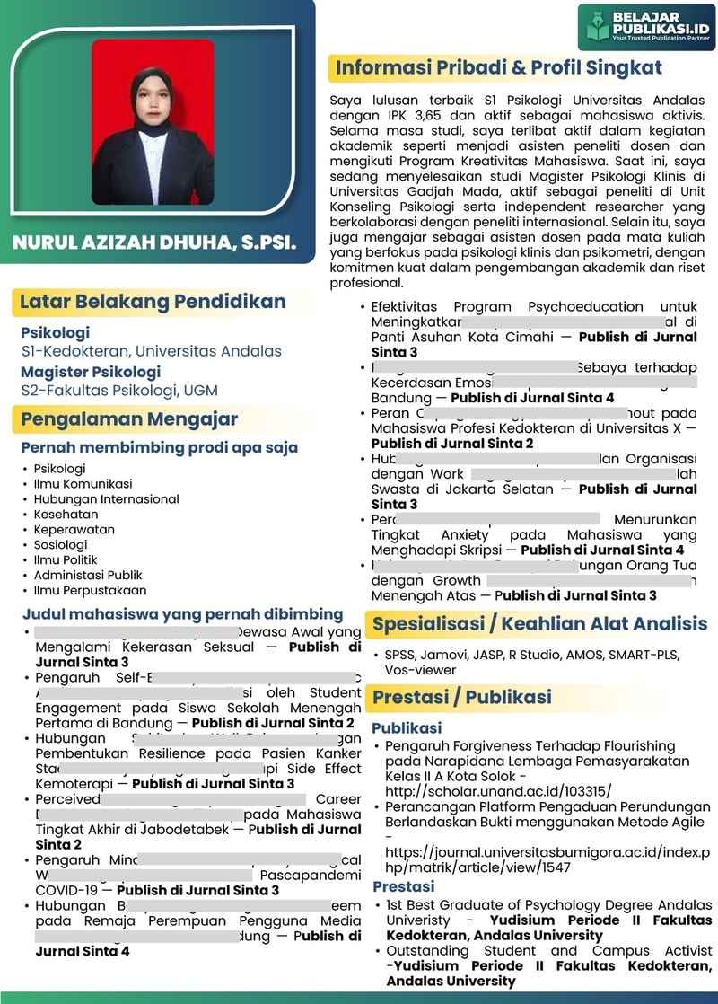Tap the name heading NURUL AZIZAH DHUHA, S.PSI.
click(153, 243)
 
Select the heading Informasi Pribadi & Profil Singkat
click(498, 68)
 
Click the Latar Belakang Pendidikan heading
click(153, 302)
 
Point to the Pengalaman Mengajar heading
click(129, 419)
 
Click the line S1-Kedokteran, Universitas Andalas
click(151, 351)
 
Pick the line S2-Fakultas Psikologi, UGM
click(119, 390)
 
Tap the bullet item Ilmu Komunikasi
click(83, 483)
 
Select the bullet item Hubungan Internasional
click(106, 498)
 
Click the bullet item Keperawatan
click(74, 529)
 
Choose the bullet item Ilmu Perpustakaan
click(90, 590)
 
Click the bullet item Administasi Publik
click(88, 575)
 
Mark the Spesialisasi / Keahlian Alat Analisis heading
click(539, 624)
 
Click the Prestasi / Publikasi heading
click(461, 697)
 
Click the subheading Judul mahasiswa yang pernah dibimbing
click(182, 614)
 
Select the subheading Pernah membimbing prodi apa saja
click(160, 447)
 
